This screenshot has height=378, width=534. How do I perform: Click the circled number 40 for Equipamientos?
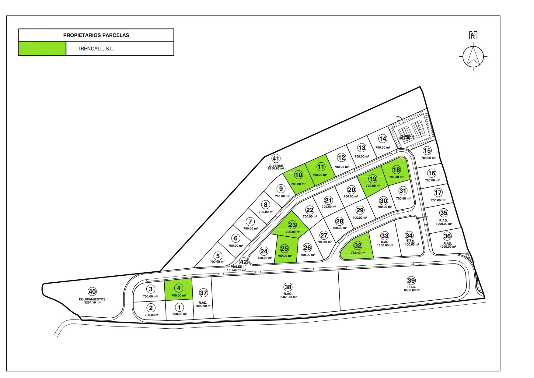click(92, 291)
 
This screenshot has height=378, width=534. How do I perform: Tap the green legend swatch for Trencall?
click(42, 48)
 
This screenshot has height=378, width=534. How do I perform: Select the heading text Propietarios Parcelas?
click(96, 35)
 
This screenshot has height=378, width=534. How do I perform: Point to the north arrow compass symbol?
click(473, 56)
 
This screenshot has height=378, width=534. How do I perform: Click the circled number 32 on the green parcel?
click(358, 246)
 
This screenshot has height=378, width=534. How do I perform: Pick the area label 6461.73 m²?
click(288, 297)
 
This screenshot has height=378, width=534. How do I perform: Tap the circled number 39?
click(411, 281)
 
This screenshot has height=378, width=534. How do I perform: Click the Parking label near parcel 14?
click(407, 136)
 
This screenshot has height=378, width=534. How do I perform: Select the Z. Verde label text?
click(276, 166)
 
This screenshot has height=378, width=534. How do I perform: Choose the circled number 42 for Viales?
click(243, 262)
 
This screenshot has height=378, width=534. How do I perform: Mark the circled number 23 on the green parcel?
click(292, 225)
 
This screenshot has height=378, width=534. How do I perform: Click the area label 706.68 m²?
click(324, 242)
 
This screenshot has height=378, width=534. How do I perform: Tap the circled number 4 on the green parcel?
click(179, 288)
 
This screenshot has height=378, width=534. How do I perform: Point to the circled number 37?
click(203, 293)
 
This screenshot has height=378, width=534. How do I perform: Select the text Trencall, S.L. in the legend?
click(96, 49)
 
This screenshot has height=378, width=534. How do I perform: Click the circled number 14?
click(382, 139)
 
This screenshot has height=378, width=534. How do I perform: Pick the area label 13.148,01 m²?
click(236, 270)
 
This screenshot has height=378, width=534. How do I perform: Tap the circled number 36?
click(447, 236)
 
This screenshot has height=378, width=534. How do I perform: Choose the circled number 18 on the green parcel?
click(396, 170)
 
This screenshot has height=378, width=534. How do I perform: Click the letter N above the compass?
click(473, 36)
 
